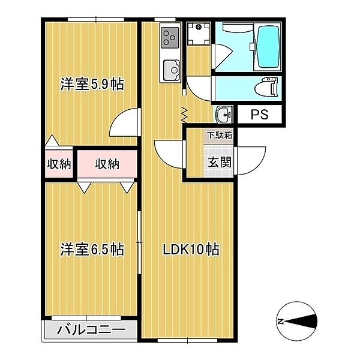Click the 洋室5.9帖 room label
pyautogui.click(x=92, y=85)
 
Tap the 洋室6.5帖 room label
pyautogui.click(x=92, y=249)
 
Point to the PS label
pyautogui.click(x=259, y=115)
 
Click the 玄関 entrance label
pyautogui.click(x=217, y=161)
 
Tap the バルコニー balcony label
pyautogui.click(x=92, y=330)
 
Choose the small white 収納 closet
pyautogui.click(x=58, y=163)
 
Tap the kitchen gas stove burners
pyautogui.click(x=169, y=38)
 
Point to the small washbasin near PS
pyautogui.click(x=224, y=114)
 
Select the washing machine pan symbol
pyautogui.click(x=196, y=34)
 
